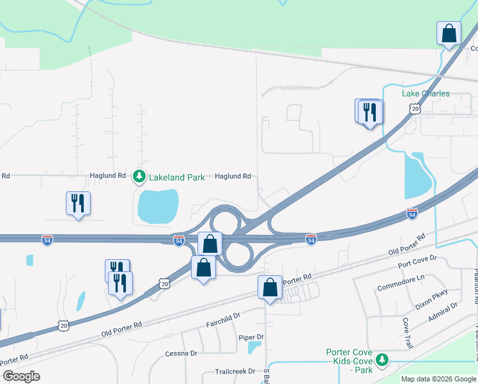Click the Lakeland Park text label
tap(176, 177)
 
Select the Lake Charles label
tap(426, 93)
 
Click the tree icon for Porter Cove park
tap(382, 360)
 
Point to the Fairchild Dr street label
tap(222, 316)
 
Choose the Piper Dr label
tap(251, 337)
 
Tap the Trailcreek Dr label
tap(235, 371)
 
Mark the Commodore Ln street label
tap(401, 279)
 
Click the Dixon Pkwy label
tap(433, 299)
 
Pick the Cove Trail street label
tap(407, 333)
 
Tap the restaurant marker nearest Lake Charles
tap(369, 113)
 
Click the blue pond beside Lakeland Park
tap(157, 206)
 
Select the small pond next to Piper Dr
tap(254, 347)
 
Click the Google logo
tap(21, 376)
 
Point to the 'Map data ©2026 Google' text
tap(439, 379)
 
